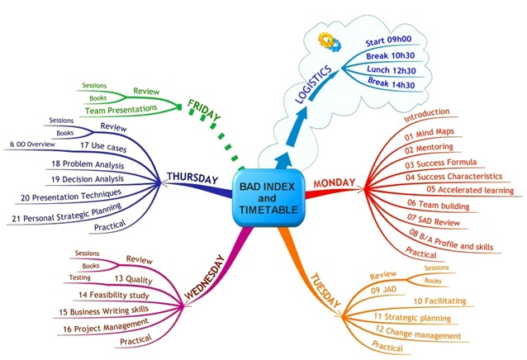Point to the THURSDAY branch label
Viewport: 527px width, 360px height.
[192, 177]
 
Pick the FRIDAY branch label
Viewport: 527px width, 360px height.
[204, 111]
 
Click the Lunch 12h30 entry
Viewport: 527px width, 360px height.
[390, 69]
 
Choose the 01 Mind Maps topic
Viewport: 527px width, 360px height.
[430, 133]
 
